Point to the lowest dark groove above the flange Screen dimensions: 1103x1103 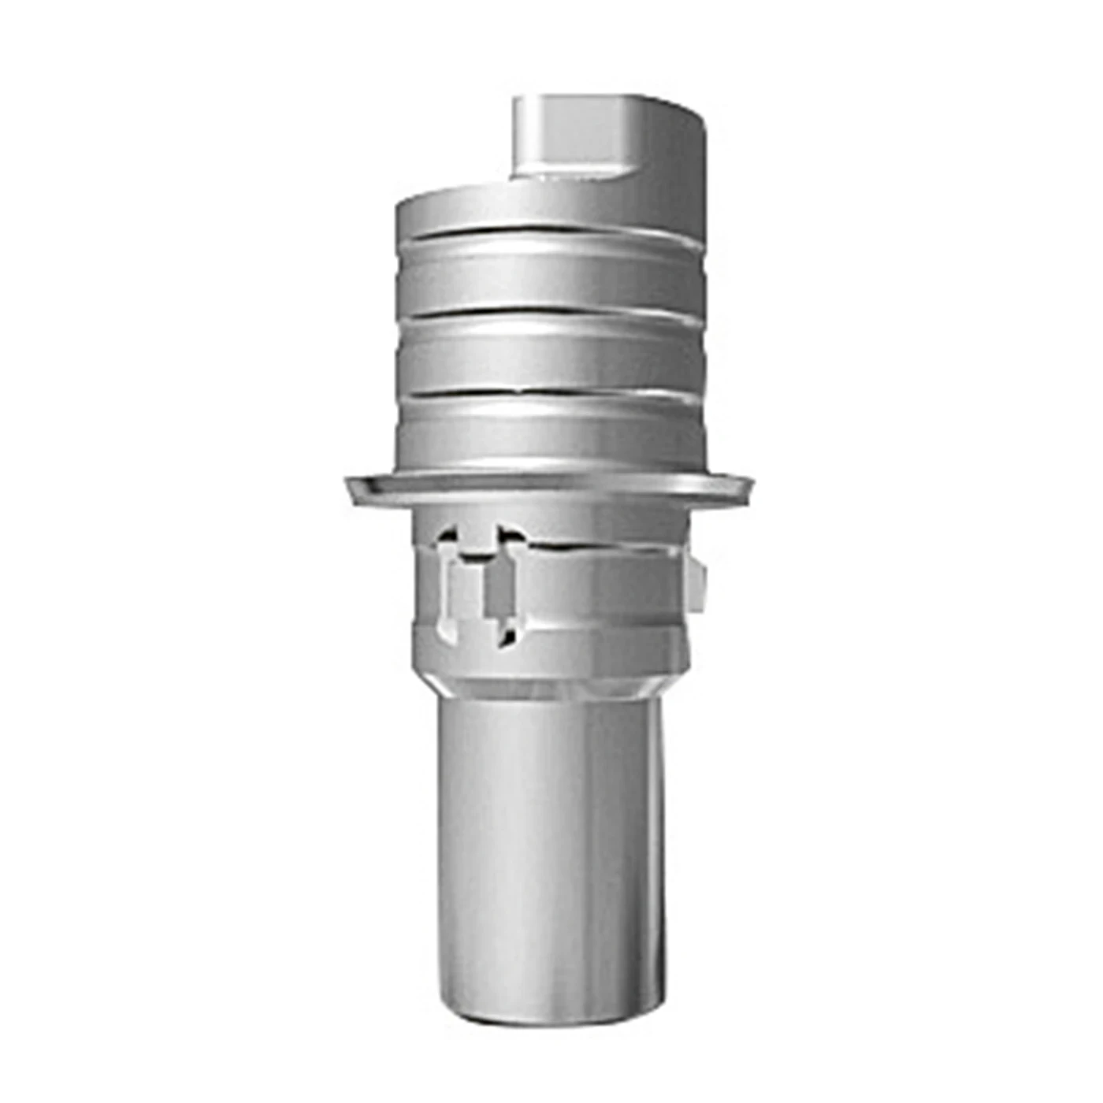[551, 392]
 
